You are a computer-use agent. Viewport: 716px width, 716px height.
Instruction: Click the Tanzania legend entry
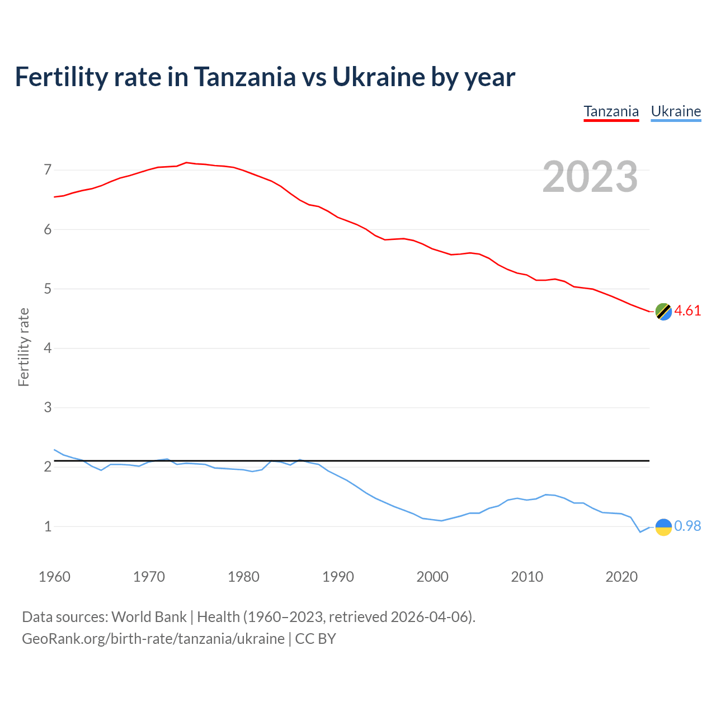click(x=611, y=111)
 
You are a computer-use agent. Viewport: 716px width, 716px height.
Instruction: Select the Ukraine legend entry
click(x=676, y=111)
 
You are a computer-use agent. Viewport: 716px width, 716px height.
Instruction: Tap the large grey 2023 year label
click(x=590, y=177)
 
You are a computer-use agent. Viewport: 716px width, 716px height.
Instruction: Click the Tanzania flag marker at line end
click(x=663, y=312)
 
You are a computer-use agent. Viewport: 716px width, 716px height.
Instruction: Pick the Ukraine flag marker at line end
click(x=663, y=527)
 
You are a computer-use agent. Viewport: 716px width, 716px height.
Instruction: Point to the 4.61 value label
click(x=687, y=311)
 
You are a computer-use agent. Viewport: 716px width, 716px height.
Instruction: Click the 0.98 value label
click(x=687, y=526)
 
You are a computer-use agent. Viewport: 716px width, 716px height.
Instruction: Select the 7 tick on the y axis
click(x=48, y=169)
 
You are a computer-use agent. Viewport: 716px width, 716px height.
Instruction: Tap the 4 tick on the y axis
click(x=48, y=348)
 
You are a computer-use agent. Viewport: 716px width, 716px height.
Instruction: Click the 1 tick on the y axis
click(x=48, y=526)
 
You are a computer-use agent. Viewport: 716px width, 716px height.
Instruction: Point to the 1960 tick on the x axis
click(x=54, y=577)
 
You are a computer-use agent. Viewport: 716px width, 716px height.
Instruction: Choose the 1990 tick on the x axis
click(x=338, y=577)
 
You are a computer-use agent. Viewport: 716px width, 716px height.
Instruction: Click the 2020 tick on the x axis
click(x=621, y=577)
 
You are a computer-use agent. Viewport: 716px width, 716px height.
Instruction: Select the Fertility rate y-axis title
click(x=23, y=347)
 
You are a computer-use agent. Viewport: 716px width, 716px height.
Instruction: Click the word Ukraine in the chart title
click(x=378, y=77)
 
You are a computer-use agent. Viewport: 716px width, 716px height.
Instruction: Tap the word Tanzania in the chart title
click(x=245, y=77)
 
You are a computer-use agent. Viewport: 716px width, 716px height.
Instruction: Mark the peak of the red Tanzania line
click(x=186, y=163)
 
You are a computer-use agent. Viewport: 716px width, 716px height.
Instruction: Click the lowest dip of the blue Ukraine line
click(x=640, y=532)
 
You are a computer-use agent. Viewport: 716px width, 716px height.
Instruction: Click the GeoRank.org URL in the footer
click(x=153, y=639)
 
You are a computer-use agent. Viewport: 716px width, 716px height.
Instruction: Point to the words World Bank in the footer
click(x=149, y=617)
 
